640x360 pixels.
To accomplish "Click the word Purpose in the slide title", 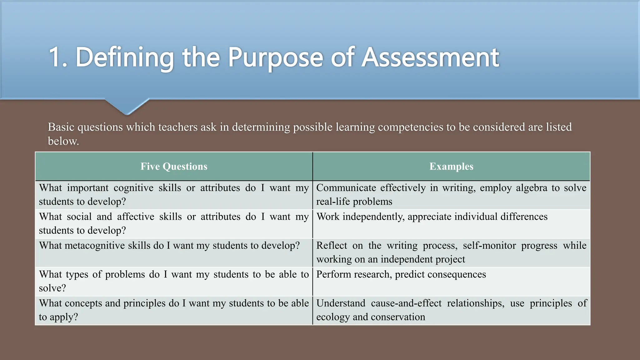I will [x=275, y=57].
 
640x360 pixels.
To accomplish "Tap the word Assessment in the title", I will [x=430, y=57].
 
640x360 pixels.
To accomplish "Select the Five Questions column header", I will [x=174, y=166].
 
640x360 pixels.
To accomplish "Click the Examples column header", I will [x=451, y=166].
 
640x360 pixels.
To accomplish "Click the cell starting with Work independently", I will [x=432, y=217].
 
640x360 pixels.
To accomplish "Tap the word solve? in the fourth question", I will [x=52, y=288].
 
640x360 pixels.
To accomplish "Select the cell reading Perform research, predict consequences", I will [x=401, y=274].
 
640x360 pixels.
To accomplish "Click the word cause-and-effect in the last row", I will [x=406, y=303].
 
